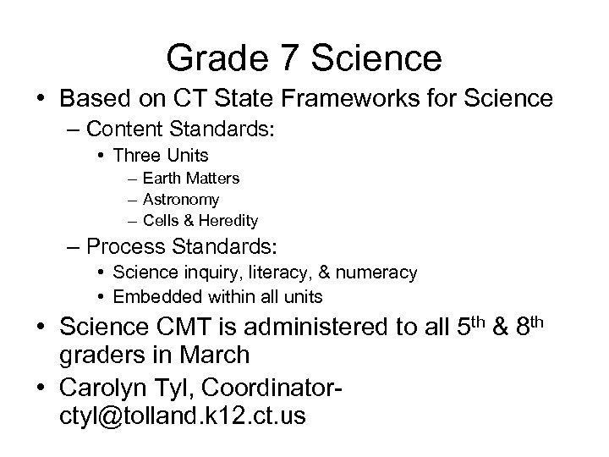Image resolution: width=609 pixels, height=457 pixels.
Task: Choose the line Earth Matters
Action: [x=191, y=179]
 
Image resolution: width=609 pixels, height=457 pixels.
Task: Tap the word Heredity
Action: [x=229, y=221]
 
